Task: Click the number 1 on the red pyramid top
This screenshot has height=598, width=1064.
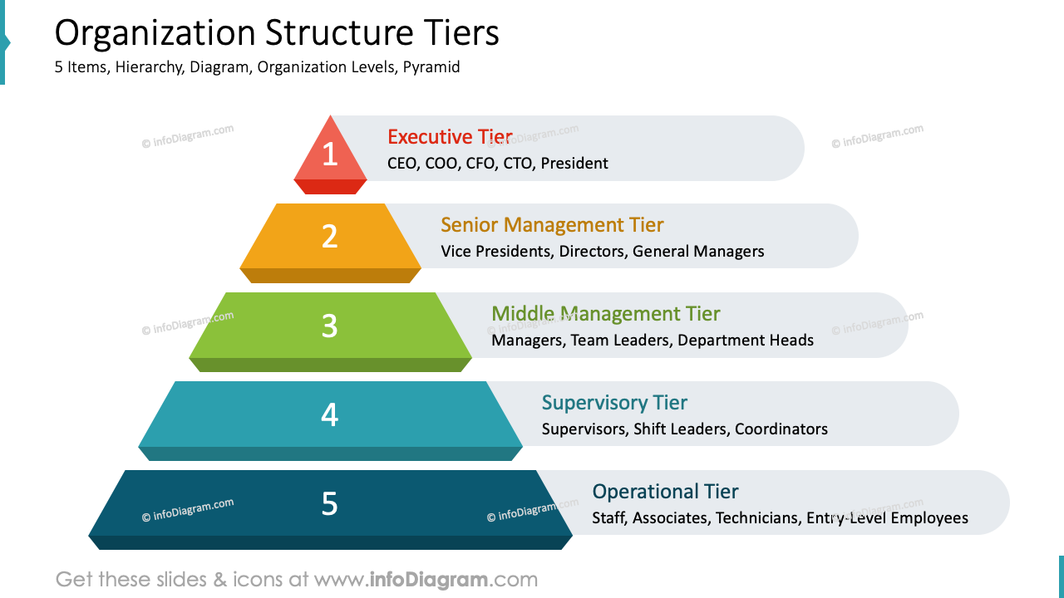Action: (330, 154)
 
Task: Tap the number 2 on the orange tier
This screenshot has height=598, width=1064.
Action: (330, 237)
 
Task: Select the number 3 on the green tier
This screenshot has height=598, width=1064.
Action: (330, 326)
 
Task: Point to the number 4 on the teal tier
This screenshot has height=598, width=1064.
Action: (330, 414)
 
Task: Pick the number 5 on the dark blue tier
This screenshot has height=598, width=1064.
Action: (330, 503)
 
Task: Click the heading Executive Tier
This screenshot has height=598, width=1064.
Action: (450, 137)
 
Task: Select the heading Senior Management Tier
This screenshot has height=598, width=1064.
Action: (552, 225)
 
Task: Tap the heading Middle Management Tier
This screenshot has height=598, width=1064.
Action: (605, 314)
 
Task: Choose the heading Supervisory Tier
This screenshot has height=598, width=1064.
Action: (614, 403)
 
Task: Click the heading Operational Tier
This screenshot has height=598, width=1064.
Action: (665, 492)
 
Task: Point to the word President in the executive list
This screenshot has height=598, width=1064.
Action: (574, 164)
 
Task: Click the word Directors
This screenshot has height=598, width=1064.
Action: (593, 252)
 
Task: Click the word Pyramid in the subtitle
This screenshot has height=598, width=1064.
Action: (431, 67)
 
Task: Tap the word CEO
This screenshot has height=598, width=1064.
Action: (403, 164)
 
